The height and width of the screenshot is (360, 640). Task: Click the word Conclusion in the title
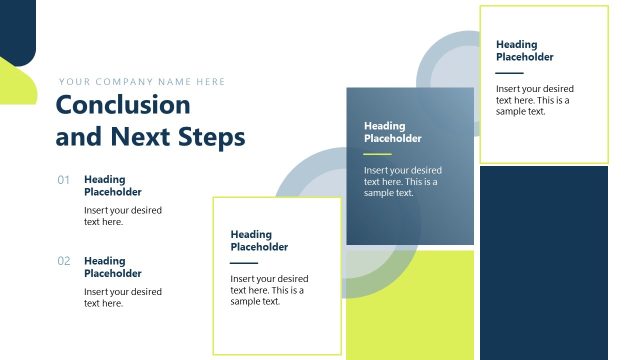[x=122, y=105]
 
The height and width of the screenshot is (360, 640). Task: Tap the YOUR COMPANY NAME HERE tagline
[x=142, y=82]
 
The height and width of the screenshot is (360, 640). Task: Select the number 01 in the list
[x=64, y=180]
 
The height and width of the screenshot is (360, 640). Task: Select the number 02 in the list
[x=64, y=261]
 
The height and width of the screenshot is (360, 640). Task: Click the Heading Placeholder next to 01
[x=112, y=186]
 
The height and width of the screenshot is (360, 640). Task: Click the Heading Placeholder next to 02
[x=112, y=267]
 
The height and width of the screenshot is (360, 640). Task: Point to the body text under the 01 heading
[x=122, y=216]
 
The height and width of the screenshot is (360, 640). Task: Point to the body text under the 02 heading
[x=122, y=297]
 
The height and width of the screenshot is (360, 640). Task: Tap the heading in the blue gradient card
[x=392, y=132]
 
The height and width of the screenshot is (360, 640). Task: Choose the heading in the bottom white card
[x=259, y=241]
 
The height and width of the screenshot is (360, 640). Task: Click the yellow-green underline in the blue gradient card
[x=377, y=154]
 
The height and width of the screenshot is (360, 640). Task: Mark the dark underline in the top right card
[x=509, y=73]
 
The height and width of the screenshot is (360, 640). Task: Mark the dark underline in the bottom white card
[x=244, y=263]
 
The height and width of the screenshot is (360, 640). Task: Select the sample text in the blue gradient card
[x=402, y=181]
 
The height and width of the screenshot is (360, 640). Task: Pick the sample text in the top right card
[x=534, y=100]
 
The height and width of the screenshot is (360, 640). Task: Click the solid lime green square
[x=410, y=304]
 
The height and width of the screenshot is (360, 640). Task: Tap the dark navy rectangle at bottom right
[x=543, y=262]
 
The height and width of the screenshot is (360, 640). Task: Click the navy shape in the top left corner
[x=16, y=25]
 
